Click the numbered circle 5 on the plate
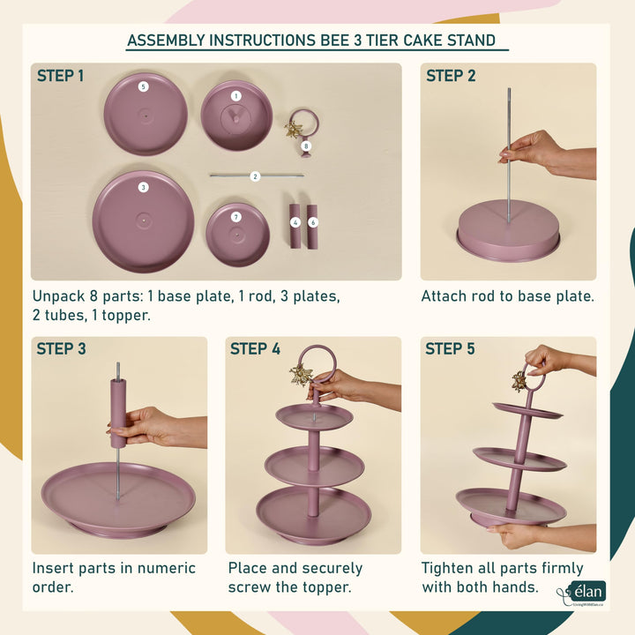click(x=143, y=86)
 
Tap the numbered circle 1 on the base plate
click(x=236, y=96)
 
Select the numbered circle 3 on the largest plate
click(x=143, y=187)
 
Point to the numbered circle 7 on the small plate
click(x=236, y=218)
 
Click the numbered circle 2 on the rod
click(x=255, y=176)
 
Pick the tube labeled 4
click(x=295, y=226)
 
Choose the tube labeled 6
click(x=312, y=227)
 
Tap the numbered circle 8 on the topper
click(x=306, y=146)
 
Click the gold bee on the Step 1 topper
click(x=293, y=130)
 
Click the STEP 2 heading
click(x=451, y=76)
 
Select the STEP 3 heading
click(x=61, y=348)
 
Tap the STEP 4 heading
click(x=255, y=348)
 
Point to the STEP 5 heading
click(x=450, y=348)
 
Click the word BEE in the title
click(x=335, y=41)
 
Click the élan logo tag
click(x=587, y=592)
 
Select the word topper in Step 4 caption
click(x=327, y=587)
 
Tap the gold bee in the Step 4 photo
click(x=302, y=376)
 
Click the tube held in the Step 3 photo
click(x=118, y=413)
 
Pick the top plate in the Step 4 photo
click(x=314, y=416)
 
